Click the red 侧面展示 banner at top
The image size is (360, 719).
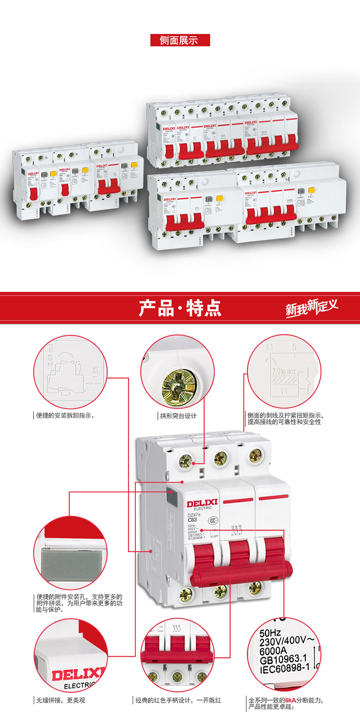[x=180, y=40]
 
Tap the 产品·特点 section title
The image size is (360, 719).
[x=180, y=308]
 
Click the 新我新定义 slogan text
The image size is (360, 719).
[x=312, y=307]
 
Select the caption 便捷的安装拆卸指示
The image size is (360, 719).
[x=65, y=416]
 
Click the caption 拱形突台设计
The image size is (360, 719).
[x=178, y=416]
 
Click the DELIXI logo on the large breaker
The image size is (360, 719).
[x=202, y=503]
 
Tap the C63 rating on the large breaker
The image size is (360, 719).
[x=192, y=520]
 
